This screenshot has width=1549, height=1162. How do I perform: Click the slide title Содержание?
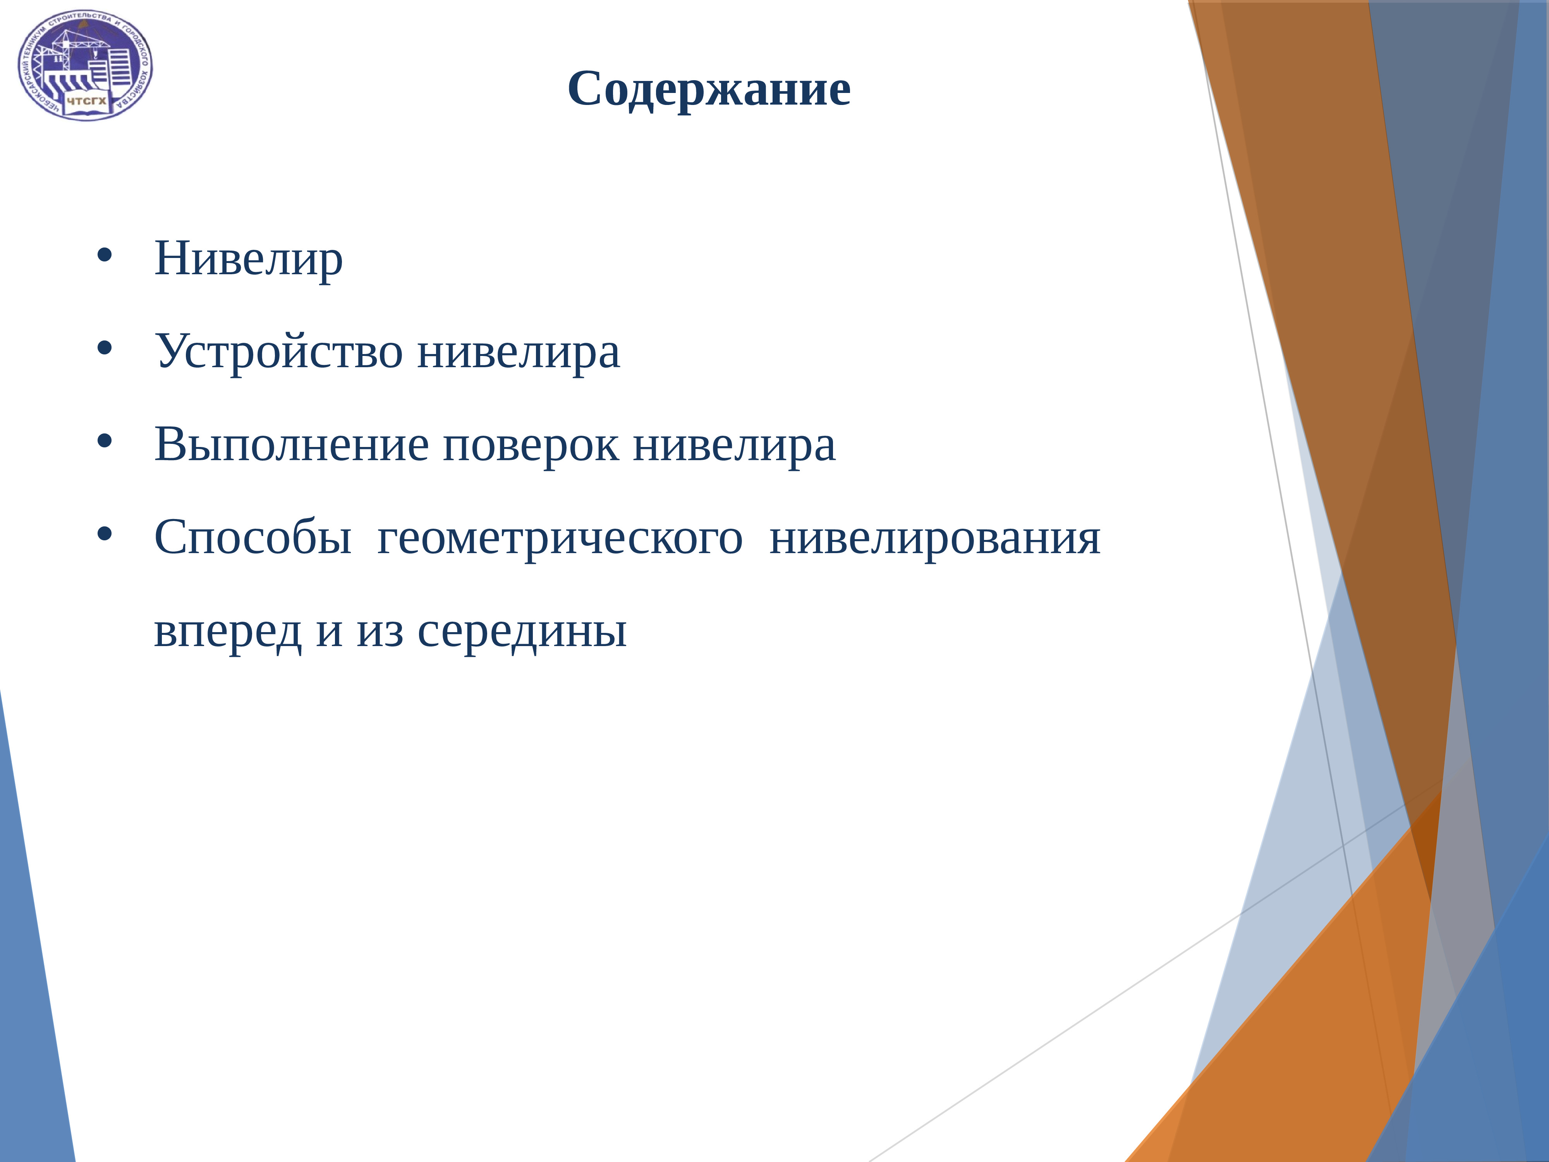pyautogui.click(x=709, y=89)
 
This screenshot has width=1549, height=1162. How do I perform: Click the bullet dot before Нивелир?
pyautogui.click(x=104, y=256)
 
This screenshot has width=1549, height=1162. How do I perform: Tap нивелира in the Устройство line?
pyautogui.click(x=518, y=352)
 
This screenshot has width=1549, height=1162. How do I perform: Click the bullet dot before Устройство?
pyautogui.click(x=104, y=348)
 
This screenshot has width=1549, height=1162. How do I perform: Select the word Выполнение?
pyautogui.click(x=290, y=445)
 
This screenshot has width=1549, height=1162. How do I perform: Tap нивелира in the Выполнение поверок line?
pyautogui.click(x=734, y=445)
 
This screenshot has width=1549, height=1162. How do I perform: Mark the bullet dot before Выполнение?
pyautogui.click(x=104, y=441)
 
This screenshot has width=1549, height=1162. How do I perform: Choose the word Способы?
pyautogui.click(x=252, y=538)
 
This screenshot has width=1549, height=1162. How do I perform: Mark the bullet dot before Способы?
pyautogui.click(x=104, y=535)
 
